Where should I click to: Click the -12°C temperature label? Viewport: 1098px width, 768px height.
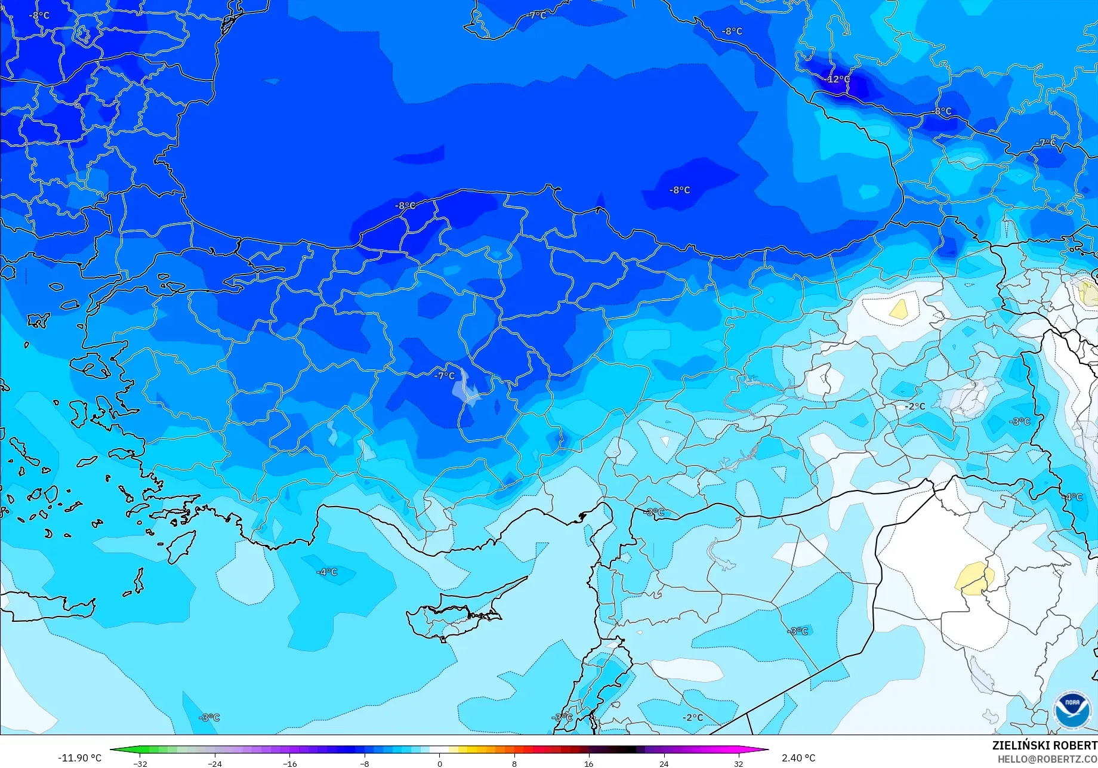pos(838,79)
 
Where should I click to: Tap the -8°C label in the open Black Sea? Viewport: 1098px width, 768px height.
pos(680,190)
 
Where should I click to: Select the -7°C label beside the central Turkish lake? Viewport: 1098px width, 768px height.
pos(445,376)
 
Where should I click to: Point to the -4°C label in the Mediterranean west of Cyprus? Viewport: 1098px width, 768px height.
pos(326,572)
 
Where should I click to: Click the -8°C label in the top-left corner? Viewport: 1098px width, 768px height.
pos(39,16)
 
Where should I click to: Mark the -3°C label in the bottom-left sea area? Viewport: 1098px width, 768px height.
pos(209,717)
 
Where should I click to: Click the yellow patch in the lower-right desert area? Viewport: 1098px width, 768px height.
pos(974,578)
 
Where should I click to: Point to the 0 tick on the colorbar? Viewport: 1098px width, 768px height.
pos(440,763)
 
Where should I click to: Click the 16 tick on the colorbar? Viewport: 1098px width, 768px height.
pos(589,763)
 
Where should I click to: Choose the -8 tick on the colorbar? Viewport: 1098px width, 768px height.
pos(365,763)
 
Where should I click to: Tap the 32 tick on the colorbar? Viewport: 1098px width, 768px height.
pos(739,763)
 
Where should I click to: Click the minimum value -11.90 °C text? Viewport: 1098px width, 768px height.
pos(79,758)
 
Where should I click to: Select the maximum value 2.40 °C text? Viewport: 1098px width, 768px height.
pos(798,758)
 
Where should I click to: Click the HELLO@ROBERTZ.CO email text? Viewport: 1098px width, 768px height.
pos(1047,759)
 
